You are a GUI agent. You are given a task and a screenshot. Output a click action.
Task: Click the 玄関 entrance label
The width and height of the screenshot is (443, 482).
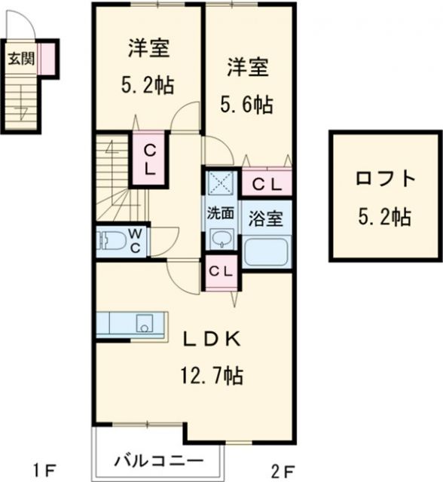pyautogui.click(x=20, y=59)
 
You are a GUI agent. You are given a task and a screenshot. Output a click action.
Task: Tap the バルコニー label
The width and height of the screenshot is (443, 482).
pyautogui.click(x=158, y=460)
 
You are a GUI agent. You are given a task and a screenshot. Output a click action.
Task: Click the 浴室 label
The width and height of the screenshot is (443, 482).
pyautogui.click(x=267, y=218)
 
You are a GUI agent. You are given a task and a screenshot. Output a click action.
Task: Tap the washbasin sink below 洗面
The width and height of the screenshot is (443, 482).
pyautogui.click(x=220, y=239)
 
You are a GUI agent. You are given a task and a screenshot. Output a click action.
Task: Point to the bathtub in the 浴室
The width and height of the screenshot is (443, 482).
pyautogui.click(x=267, y=250)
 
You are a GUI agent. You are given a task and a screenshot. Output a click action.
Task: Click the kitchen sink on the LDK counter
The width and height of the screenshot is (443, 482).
pyautogui.click(x=145, y=325)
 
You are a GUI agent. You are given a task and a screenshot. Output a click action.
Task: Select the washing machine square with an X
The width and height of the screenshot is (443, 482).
pyautogui.click(x=220, y=183)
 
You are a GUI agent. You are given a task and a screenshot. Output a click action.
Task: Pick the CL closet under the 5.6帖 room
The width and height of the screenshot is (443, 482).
pyautogui.click(x=265, y=183)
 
